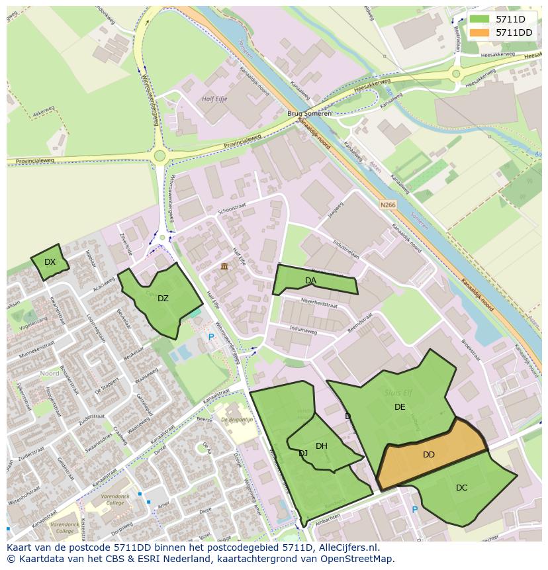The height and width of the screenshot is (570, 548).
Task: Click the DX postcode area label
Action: (x=50, y=262)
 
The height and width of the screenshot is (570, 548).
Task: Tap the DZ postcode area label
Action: (x=163, y=299)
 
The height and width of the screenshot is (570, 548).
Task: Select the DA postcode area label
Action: (x=310, y=281)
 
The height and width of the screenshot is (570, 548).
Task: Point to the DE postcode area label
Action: (x=400, y=407)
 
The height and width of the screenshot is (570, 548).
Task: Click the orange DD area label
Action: (x=429, y=455)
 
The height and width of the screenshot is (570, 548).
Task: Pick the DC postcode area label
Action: (x=462, y=488)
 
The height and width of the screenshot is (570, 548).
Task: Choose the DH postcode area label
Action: (x=322, y=446)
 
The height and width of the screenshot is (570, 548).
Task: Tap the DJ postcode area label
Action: (x=303, y=453)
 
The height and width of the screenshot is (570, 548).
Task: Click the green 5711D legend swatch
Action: (x=480, y=19)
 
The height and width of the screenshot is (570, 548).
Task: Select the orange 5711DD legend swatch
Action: (x=480, y=32)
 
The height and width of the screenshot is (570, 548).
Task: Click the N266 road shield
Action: (x=388, y=205)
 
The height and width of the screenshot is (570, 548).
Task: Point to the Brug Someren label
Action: (x=309, y=114)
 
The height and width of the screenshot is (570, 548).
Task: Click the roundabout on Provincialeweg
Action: (x=159, y=156)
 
